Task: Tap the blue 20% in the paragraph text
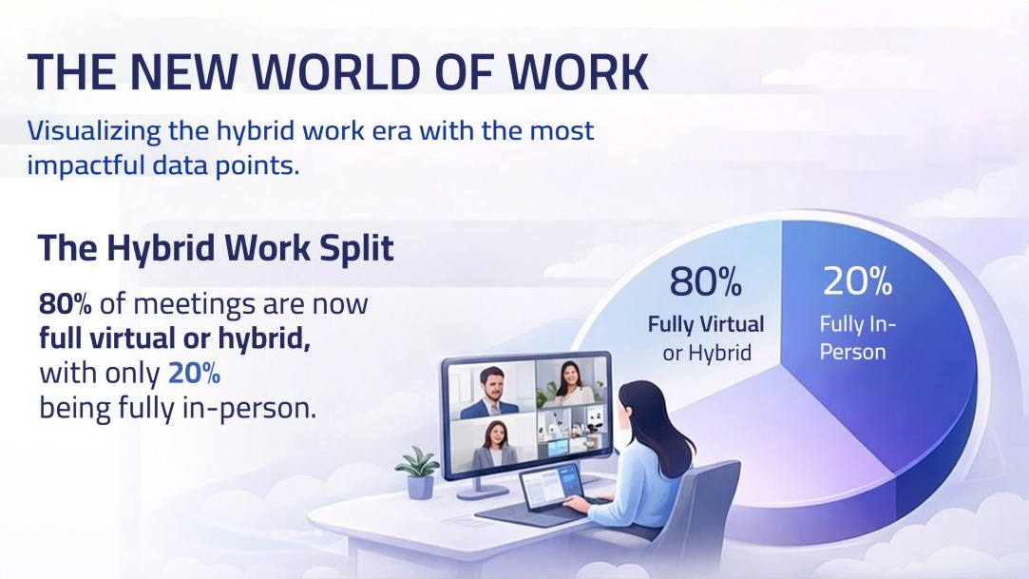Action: pyautogui.click(x=194, y=374)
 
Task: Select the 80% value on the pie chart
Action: pyautogui.click(x=705, y=281)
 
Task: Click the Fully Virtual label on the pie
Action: pyautogui.click(x=706, y=324)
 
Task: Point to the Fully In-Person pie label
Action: pyautogui.click(x=853, y=338)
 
